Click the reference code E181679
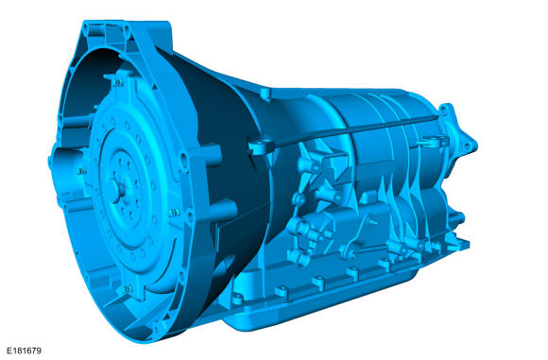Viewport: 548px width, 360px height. pos(25,351)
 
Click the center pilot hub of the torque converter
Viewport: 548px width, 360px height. pos(115,191)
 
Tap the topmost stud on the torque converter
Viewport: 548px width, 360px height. pos(118,83)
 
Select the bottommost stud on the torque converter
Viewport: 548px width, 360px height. pos(128,289)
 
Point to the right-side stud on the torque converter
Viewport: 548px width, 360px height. pos(174,213)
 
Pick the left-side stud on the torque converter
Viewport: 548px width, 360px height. pos(82,171)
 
